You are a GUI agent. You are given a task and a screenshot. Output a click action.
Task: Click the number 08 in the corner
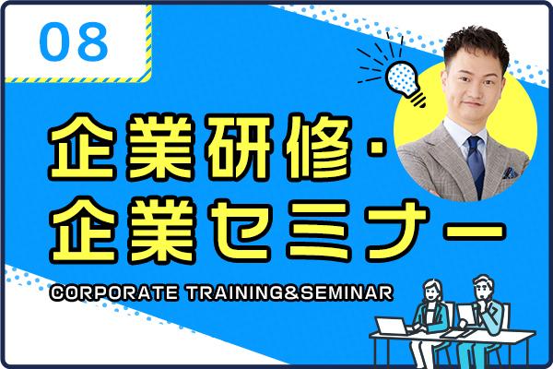click(74, 42)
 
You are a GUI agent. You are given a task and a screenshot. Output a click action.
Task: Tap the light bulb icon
click(405, 83)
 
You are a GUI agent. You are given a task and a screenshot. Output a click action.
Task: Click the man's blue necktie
click(477, 165)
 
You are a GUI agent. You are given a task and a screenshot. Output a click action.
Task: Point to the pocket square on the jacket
click(510, 173)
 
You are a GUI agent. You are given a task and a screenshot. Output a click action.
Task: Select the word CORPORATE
click(113, 293)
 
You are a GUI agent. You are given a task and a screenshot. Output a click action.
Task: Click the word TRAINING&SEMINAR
click(289, 293)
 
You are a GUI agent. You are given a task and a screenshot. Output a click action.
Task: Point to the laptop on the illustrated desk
click(392, 327)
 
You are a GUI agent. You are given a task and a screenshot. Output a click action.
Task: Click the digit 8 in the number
click(93, 42)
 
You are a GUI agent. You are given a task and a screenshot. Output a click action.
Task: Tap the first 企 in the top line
click(83, 147)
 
